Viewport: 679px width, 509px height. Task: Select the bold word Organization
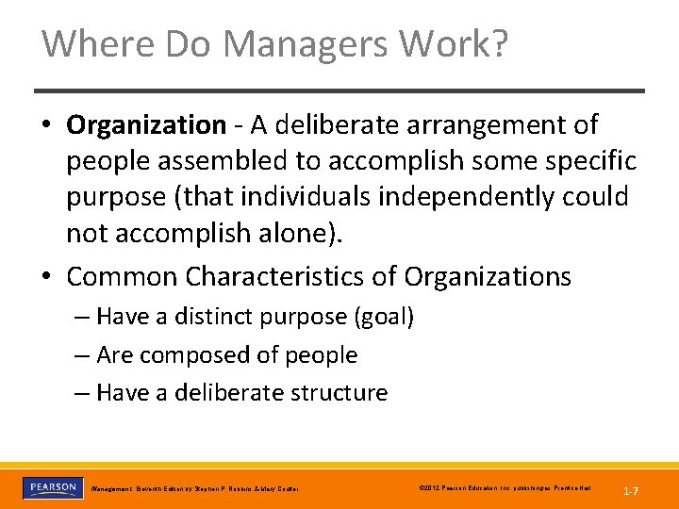tap(146, 124)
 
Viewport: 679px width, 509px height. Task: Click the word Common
tap(122, 277)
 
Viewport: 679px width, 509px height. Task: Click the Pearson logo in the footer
tap(54, 488)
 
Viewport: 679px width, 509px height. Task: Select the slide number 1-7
tap(631, 490)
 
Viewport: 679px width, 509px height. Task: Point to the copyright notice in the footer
tap(504, 488)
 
